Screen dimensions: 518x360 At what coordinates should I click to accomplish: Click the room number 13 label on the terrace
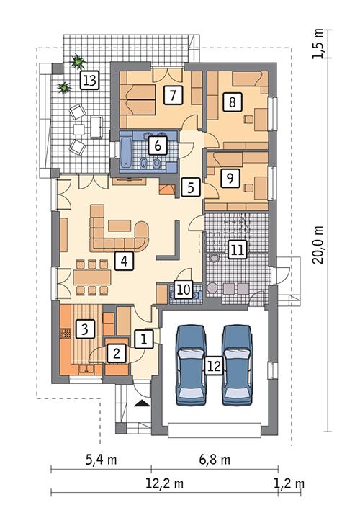tap(89, 80)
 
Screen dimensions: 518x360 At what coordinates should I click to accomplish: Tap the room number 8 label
tap(230, 102)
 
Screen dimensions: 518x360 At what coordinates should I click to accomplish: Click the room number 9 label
tap(229, 177)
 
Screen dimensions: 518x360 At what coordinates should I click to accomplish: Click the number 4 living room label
tap(125, 261)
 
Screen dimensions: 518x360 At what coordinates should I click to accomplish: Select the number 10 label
tap(184, 289)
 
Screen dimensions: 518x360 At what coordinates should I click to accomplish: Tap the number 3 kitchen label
tap(85, 330)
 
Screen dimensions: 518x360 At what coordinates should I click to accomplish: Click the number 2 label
tap(114, 352)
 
